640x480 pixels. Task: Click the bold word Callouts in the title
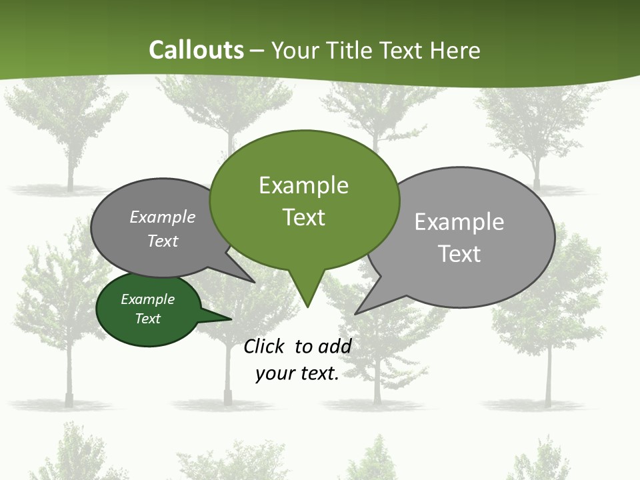196,50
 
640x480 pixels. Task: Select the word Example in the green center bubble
303,185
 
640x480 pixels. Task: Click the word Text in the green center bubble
303,217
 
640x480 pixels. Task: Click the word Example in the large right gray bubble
459,222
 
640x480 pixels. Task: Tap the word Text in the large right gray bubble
459,254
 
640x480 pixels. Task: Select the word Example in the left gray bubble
163,217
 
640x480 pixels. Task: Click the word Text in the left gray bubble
163,241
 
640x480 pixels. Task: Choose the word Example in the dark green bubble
148,299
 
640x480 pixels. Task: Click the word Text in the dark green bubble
148,319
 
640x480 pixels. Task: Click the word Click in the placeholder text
265,346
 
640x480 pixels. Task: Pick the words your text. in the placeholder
297,373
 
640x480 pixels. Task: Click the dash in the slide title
258,50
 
